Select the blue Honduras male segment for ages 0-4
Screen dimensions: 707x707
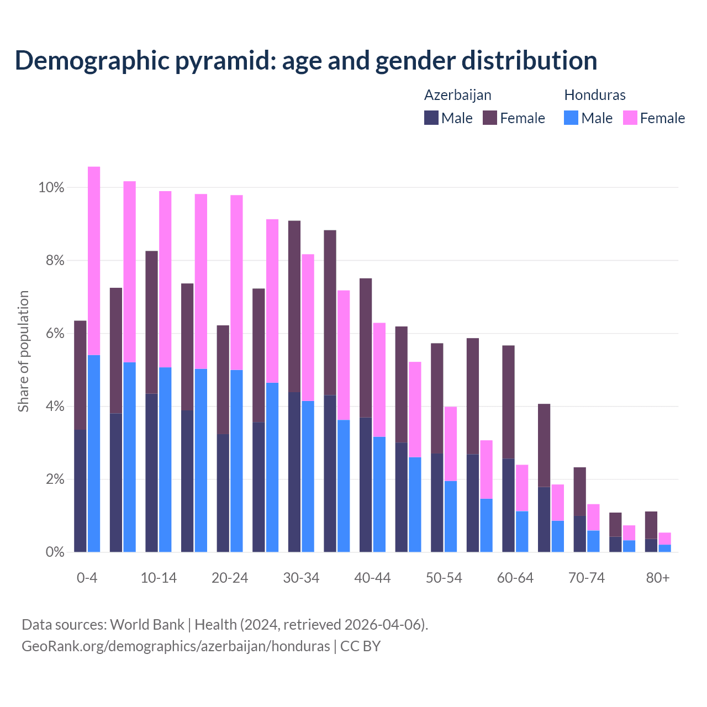tap(94, 453)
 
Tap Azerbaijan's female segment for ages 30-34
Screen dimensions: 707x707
tap(294, 306)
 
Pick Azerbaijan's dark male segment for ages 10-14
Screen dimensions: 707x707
tap(151, 472)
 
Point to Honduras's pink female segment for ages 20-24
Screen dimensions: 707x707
tap(236, 282)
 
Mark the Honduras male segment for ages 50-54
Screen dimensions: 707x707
tap(451, 516)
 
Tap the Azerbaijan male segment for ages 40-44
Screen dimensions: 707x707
tap(366, 484)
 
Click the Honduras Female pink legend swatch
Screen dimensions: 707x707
tap(630, 118)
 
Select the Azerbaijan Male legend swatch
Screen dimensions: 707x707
tap(431, 118)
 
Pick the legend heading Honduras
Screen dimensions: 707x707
tap(595, 95)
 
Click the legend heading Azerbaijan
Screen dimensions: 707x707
tap(457, 95)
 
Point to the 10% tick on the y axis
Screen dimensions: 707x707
tap(51, 188)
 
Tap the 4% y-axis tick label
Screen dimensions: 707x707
tap(55, 407)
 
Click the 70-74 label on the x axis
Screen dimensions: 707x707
tap(587, 578)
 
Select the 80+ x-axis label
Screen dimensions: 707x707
tap(658, 578)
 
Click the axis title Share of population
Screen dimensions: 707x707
tap(23, 351)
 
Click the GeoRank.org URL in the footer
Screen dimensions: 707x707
tap(176, 646)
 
